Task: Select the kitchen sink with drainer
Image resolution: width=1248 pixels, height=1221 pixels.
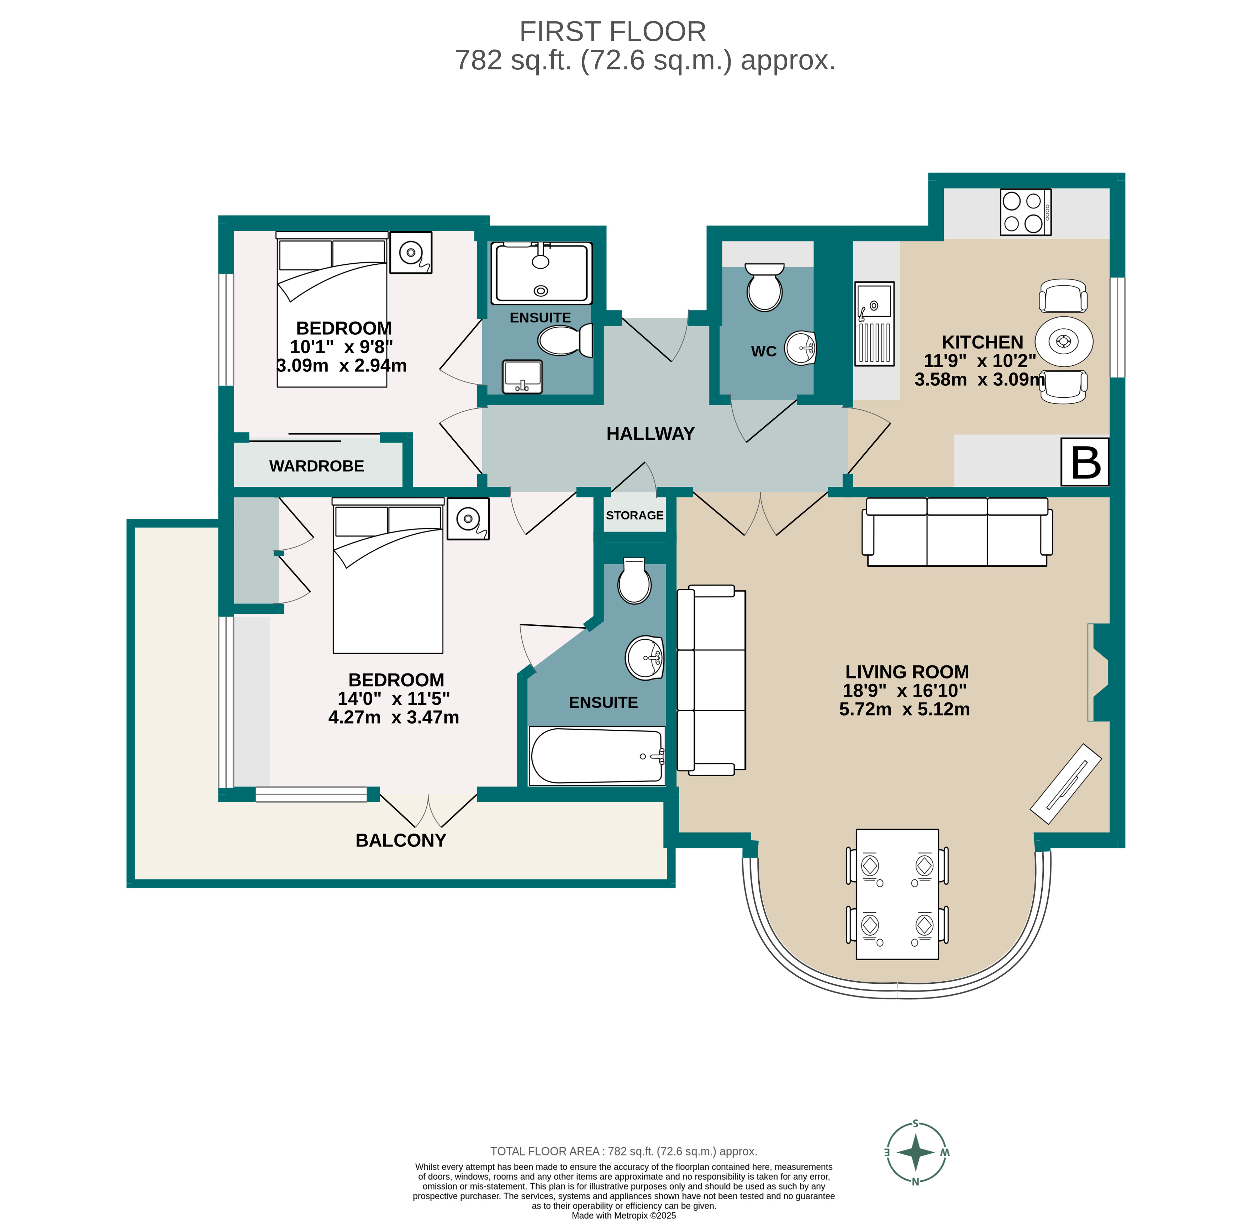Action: (x=874, y=324)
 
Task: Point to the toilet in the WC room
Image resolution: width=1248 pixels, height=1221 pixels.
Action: (x=764, y=287)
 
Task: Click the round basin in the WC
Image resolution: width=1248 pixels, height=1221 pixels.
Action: (x=800, y=348)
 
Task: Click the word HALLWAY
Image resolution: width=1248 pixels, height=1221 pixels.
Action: (x=650, y=434)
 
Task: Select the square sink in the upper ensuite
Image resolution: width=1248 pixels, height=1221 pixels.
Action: (x=522, y=376)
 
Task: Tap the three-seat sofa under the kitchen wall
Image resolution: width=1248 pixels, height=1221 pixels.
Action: (x=957, y=532)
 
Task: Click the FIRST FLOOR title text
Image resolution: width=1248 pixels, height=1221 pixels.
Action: (x=612, y=31)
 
